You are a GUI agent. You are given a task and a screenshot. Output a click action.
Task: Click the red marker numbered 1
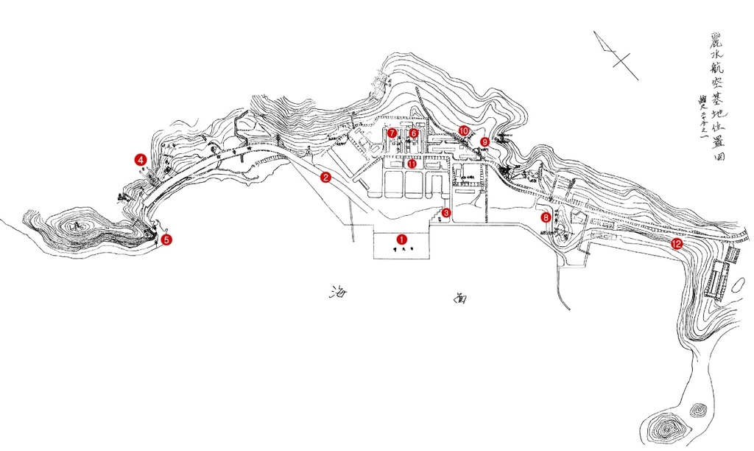[x=401, y=239]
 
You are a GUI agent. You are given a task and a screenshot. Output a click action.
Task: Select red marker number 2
[x=325, y=177]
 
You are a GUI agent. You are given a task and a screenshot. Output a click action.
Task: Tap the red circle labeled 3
[x=446, y=213]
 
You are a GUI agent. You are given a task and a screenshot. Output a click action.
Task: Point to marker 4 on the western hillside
[x=139, y=158]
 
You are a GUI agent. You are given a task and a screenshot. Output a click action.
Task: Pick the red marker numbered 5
[x=166, y=240]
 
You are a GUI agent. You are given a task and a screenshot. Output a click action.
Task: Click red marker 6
[x=414, y=133]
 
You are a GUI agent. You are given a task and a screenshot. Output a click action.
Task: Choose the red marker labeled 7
[x=392, y=133]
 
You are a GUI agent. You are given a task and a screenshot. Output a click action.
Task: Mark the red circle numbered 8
[x=546, y=217]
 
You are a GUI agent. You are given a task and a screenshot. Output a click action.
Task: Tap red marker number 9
[x=485, y=141]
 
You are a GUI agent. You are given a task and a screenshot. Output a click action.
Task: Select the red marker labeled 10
[x=464, y=130]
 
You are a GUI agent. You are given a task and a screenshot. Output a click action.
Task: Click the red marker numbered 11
[x=412, y=164]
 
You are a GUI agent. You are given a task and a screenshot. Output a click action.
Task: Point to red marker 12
[x=676, y=243]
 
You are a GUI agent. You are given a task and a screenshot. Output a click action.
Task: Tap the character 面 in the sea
[x=459, y=298]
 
